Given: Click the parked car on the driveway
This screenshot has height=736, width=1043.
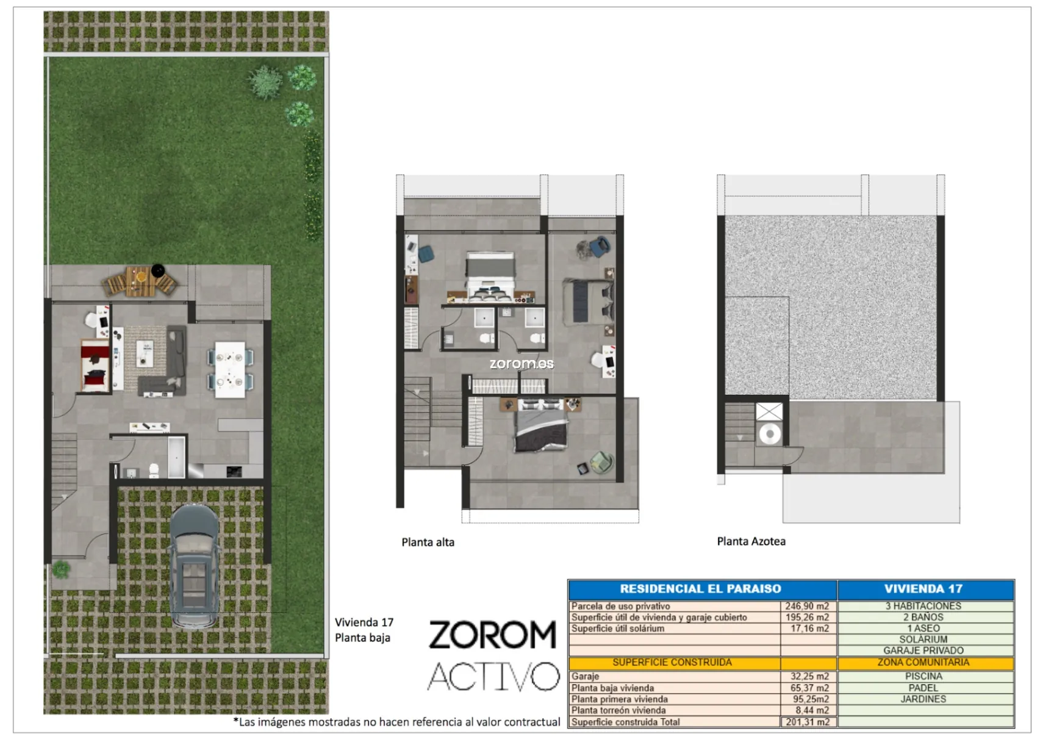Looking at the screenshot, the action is [x=194, y=566].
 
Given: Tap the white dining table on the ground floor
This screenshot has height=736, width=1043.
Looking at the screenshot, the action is [x=230, y=370].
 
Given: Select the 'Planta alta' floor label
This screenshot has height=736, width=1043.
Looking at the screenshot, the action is [x=428, y=542].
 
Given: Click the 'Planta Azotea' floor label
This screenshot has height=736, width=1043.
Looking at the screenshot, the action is [x=751, y=541].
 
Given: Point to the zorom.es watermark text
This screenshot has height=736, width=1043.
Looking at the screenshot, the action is [x=521, y=363].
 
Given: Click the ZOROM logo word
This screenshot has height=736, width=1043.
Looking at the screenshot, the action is [x=493, y=635].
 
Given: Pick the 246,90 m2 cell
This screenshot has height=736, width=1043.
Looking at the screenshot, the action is [x=807, y=606].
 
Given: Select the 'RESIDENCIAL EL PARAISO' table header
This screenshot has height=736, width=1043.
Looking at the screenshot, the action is [x=700, y=589].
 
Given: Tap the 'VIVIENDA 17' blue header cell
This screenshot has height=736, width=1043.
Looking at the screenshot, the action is [x=923, y=589].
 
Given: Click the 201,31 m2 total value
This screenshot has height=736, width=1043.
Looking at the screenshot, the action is [x=808, y=722].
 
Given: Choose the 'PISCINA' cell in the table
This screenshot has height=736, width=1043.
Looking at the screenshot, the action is [x=923, y=676].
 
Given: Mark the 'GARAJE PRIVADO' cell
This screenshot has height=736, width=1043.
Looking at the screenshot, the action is [x=923, y=651].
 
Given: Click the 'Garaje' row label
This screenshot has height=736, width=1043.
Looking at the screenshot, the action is [x=586, y=676].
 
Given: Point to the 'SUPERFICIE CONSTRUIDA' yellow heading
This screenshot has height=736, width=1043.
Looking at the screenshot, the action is [x=672, y=662].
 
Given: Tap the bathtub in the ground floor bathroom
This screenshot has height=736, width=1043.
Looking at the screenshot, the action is [x=176, y=457].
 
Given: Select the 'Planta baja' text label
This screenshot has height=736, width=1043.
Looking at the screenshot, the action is [x=362, y=638].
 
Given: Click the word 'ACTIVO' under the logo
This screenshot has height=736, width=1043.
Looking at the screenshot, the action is [x=493, y=676].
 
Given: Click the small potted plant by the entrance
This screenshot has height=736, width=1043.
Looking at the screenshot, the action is [x=61, y=569].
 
